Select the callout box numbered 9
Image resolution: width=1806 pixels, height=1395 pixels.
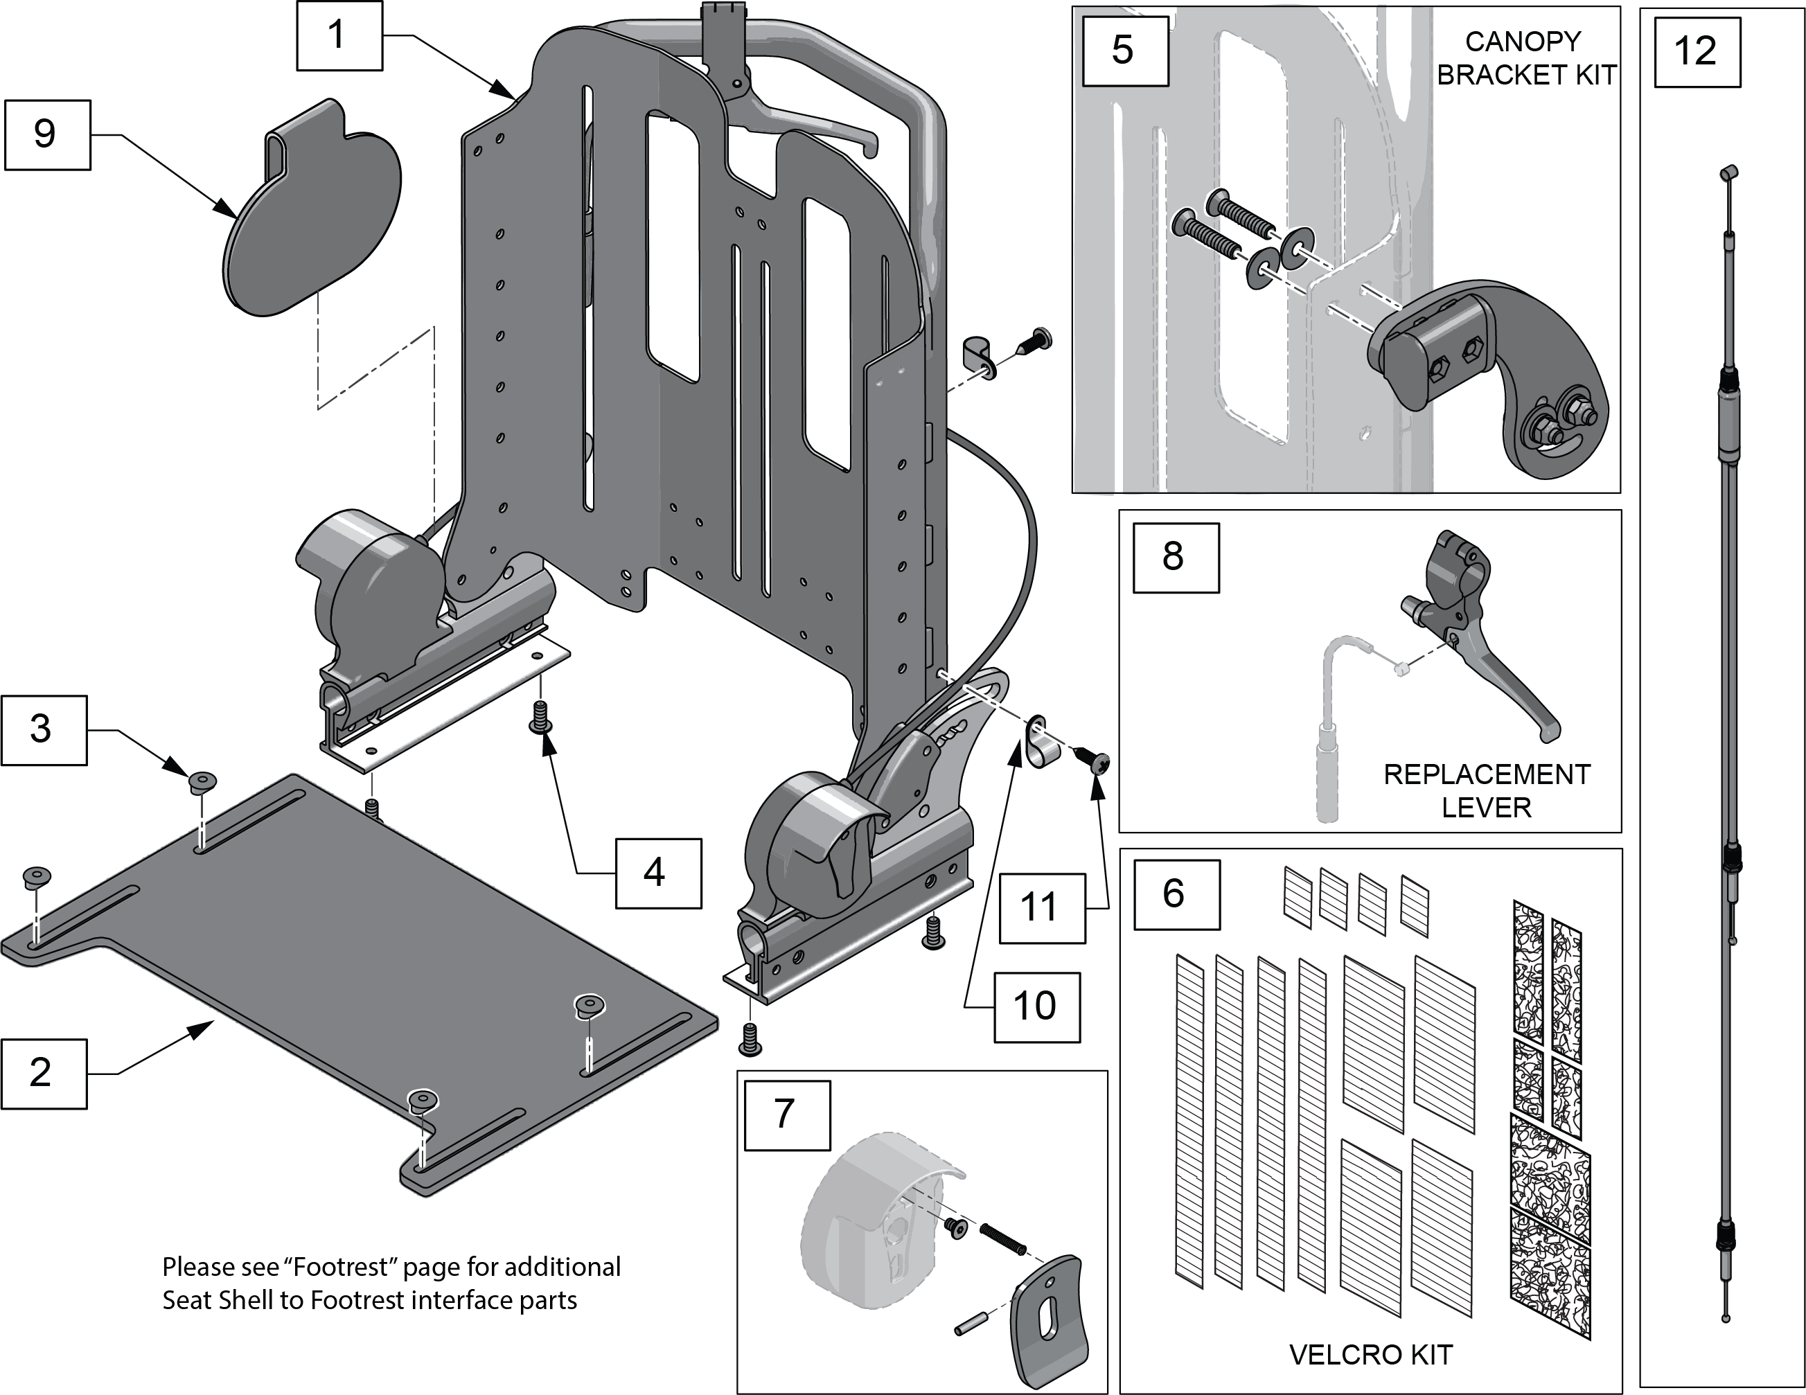point(47,135)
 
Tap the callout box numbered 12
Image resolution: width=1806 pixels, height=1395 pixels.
point(1697,52)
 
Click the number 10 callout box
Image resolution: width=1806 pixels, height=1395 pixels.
point(1036,1006)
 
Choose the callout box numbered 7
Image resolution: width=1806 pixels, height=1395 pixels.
point(786,1114)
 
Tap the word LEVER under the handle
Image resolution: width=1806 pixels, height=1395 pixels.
point(1486,807)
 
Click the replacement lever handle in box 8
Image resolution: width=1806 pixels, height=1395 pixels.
point(1489,661)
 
